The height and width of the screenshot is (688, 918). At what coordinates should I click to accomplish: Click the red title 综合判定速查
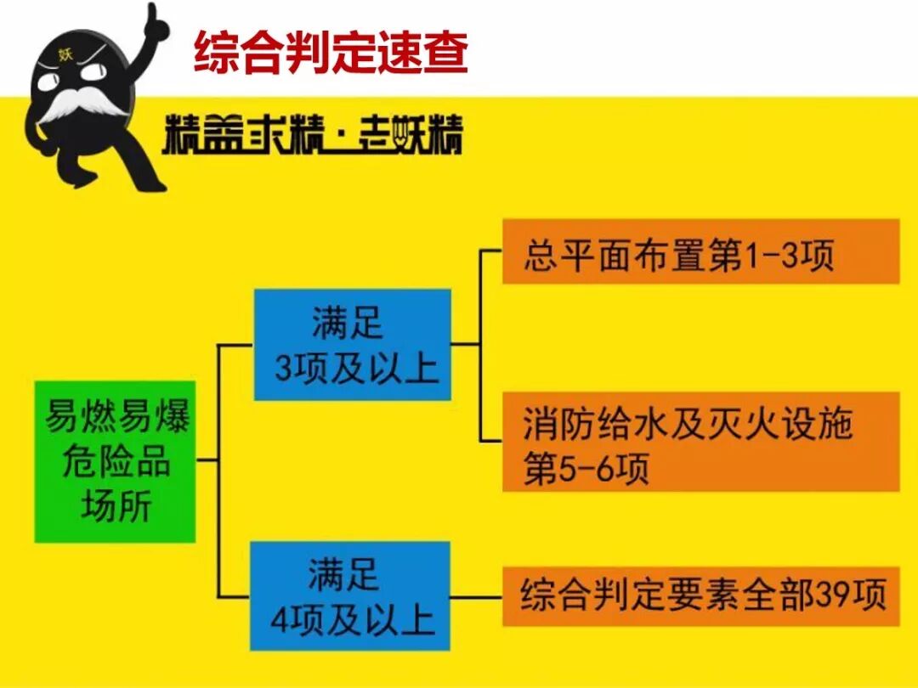point(331,52)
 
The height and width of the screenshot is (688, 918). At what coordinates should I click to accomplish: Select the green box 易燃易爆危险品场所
point(115,462)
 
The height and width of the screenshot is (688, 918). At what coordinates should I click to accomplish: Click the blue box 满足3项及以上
point(352,345)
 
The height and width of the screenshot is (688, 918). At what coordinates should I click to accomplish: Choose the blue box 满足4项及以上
point(349,596)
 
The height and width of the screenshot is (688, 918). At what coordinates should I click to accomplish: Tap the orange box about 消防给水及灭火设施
point(700,441)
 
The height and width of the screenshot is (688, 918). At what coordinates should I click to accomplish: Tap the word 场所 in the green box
point(116,507)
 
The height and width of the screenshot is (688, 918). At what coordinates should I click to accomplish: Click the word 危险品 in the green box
point(116,463)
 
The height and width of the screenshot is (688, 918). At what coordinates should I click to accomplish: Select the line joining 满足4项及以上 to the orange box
point(476,597)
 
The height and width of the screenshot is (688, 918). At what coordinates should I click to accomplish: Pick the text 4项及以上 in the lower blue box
point(352,621)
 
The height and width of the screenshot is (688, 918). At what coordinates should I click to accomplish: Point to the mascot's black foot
point(144,179)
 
